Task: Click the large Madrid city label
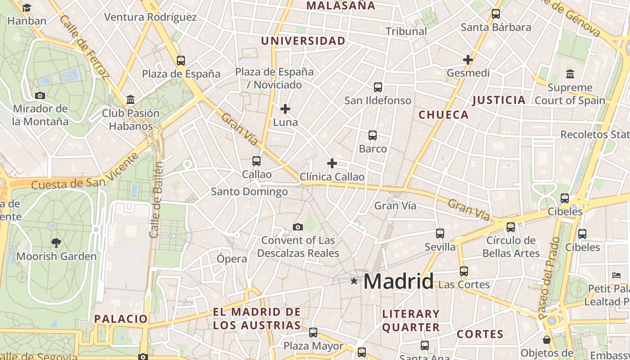(x=398, y=281)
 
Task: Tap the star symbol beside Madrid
(x=354, y=281)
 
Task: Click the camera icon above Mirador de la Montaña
(x=40, y=95)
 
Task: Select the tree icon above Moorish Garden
(x=56, y=243)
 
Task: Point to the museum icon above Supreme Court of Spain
(x=570, y=74)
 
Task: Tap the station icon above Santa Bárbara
(x=496, y=14)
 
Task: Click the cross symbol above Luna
(x=285, y=109)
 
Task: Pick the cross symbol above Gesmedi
(x=468, y=60)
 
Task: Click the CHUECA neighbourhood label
(x=444, y=115)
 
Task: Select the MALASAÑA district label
(x=340, y=6)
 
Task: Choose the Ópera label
(x=232, y=259)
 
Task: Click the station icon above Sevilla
(x=440, y=234)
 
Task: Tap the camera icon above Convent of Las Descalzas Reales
(x=298, y=227)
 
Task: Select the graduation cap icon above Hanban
(x=27, y=8)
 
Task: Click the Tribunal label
(x=406, y=31)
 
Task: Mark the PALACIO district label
(x=121, y=319)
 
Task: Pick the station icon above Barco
(x=373, y=135)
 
